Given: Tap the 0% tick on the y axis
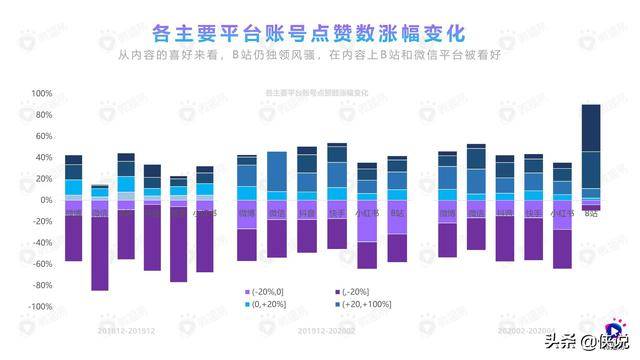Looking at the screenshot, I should pos(44,200).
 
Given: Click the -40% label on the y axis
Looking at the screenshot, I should pos(40,243).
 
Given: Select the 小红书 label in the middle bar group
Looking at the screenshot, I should pos(367,214).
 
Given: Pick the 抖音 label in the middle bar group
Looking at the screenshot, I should pos(307,214).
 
